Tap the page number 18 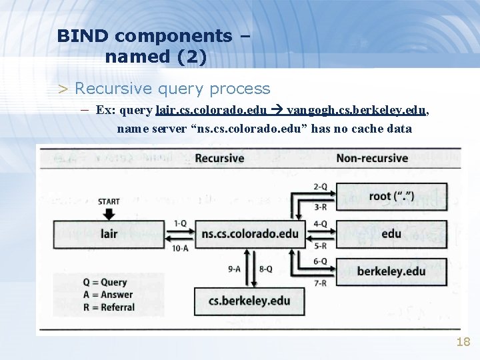coord(463,342)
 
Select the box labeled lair coord(110,234)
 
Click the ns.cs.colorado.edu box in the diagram coord(250,234)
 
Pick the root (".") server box coord(391,196)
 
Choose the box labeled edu coord(391,234)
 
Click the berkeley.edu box coord(391,271)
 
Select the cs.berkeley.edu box coord(250,301)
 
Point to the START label coord(109,201)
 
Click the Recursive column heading coord(219,158)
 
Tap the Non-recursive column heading coord(372,158)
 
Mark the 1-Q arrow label coord(180,223)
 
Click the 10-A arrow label coord(180,248)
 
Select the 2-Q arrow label coord(320,186)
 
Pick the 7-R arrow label coord(320,283)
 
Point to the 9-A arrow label coord(234,269)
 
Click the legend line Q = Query coord(104,282)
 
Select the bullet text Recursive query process coord(173,88)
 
